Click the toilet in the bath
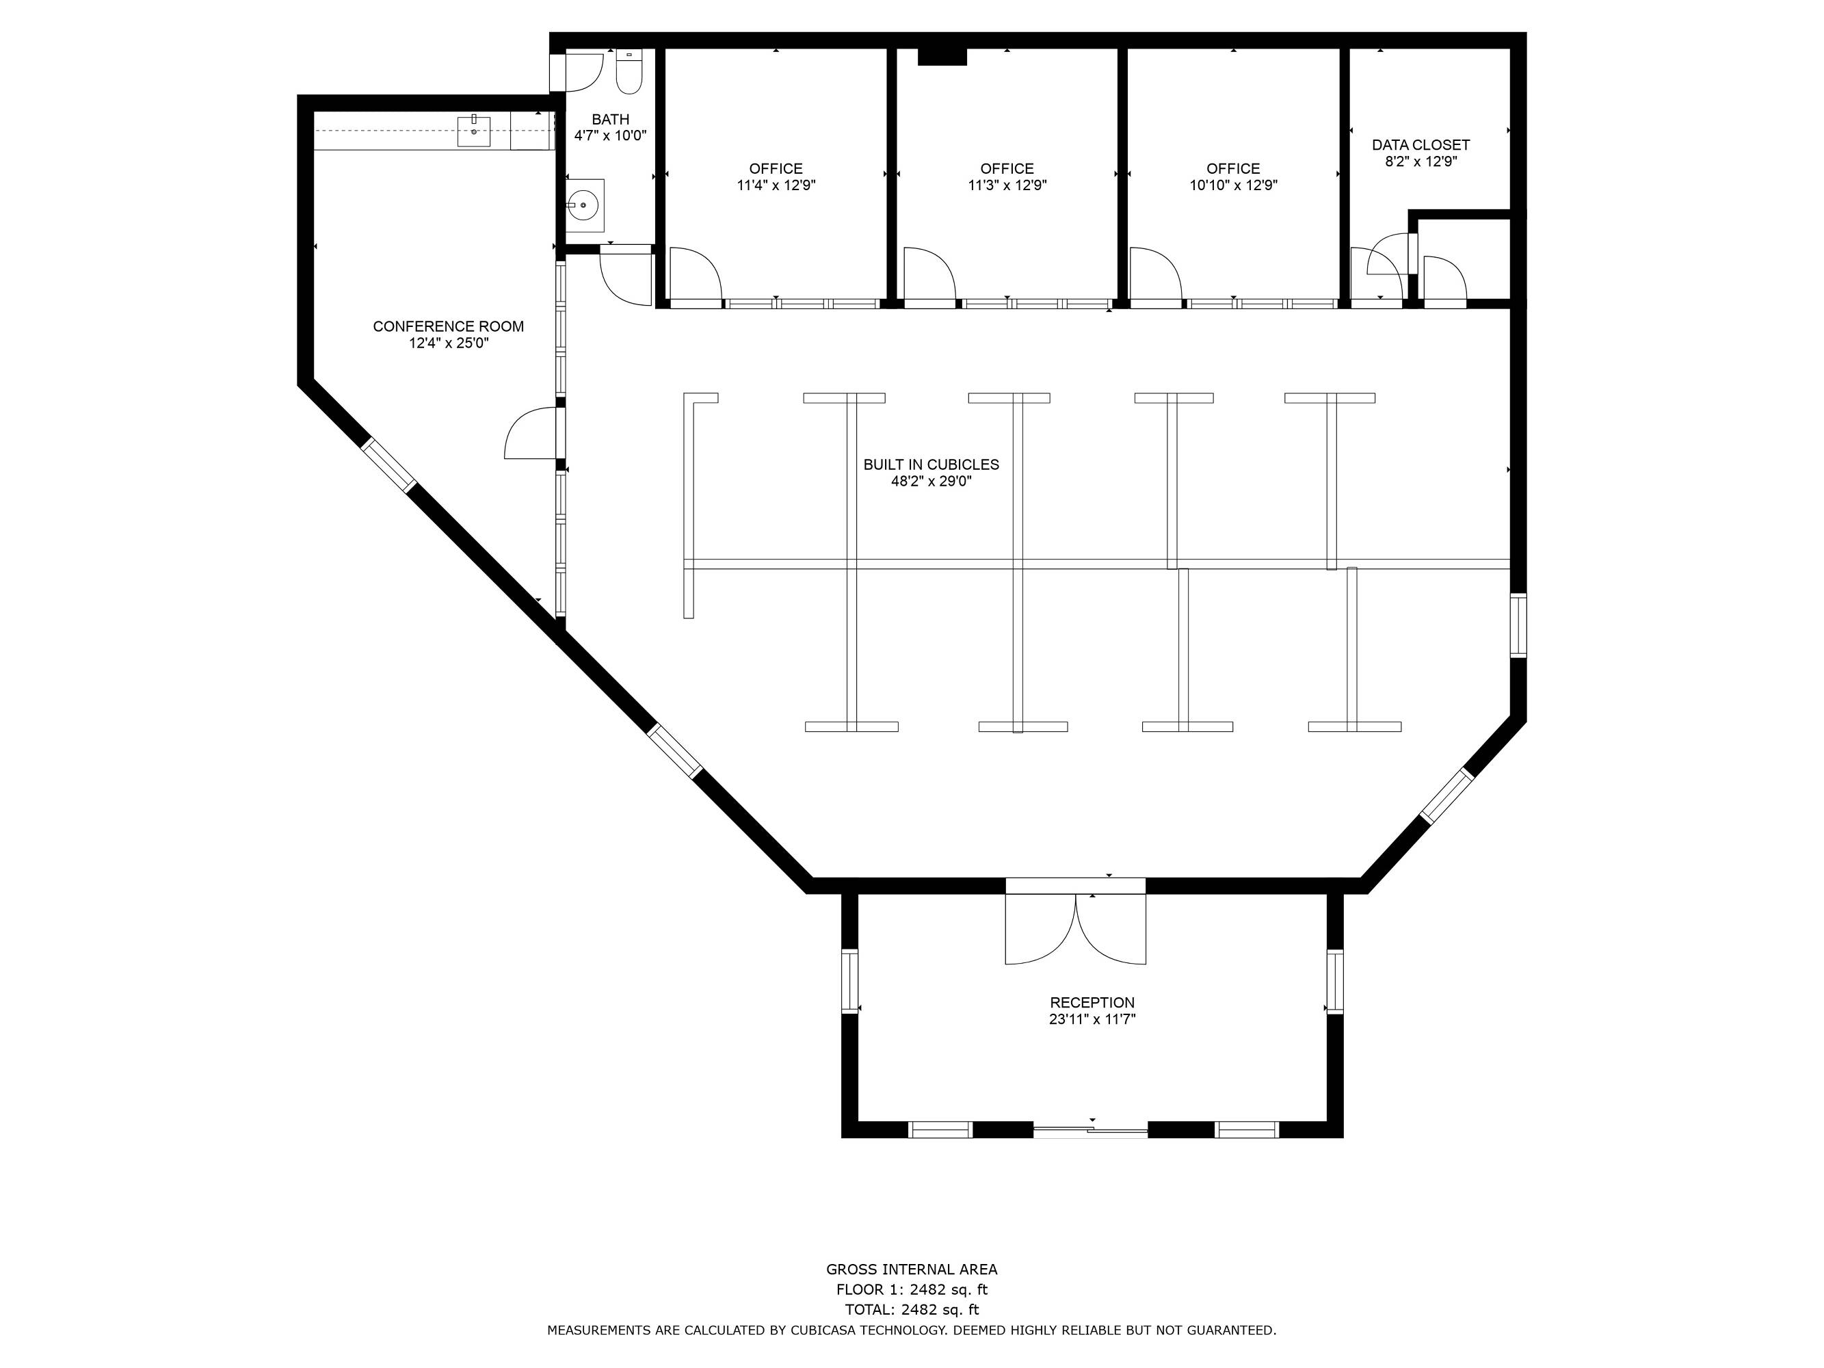[629, 72]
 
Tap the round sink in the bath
[585, 205]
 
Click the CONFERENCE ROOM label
[449, 326]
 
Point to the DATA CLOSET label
[1420, 145]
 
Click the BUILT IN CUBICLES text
[931, 464]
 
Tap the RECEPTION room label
[1093, 1003]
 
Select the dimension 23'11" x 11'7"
[1093, 1019]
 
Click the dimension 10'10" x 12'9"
[1234, 185]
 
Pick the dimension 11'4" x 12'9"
[776, 185]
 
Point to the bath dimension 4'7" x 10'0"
[610, 135]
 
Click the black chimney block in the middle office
[942, 56]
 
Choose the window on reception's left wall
[849, 982]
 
